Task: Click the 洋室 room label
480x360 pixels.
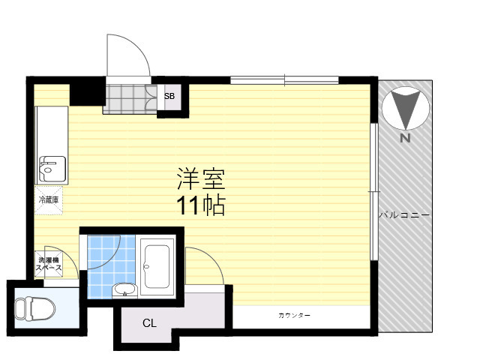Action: [x=201, y=179]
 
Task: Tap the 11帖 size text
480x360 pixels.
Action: [x=201, y=205]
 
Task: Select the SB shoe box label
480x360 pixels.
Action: [x=169, y=96]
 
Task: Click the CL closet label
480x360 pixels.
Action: [x=150, y=323]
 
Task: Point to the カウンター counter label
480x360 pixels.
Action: [x=295, y=315]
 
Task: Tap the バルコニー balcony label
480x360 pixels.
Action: [x=405, y=215]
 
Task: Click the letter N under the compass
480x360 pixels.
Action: [x=405, y=138]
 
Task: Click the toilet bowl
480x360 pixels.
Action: [x=35, y=309]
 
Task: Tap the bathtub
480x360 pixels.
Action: [x=157, y=266]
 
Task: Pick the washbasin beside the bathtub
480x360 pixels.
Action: [x=124, y=290]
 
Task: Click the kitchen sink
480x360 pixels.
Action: [x=52, y=169]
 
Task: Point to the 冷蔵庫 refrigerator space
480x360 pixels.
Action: [x=49, y=200]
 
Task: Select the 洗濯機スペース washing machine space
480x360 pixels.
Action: [x=49, y=264]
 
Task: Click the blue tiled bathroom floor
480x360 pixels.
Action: [x=112, y=265]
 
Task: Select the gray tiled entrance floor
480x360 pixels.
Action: [x=130, y=99]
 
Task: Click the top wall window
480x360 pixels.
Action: [x=284, y=80]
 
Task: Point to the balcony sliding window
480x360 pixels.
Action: [x=373, y=192]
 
